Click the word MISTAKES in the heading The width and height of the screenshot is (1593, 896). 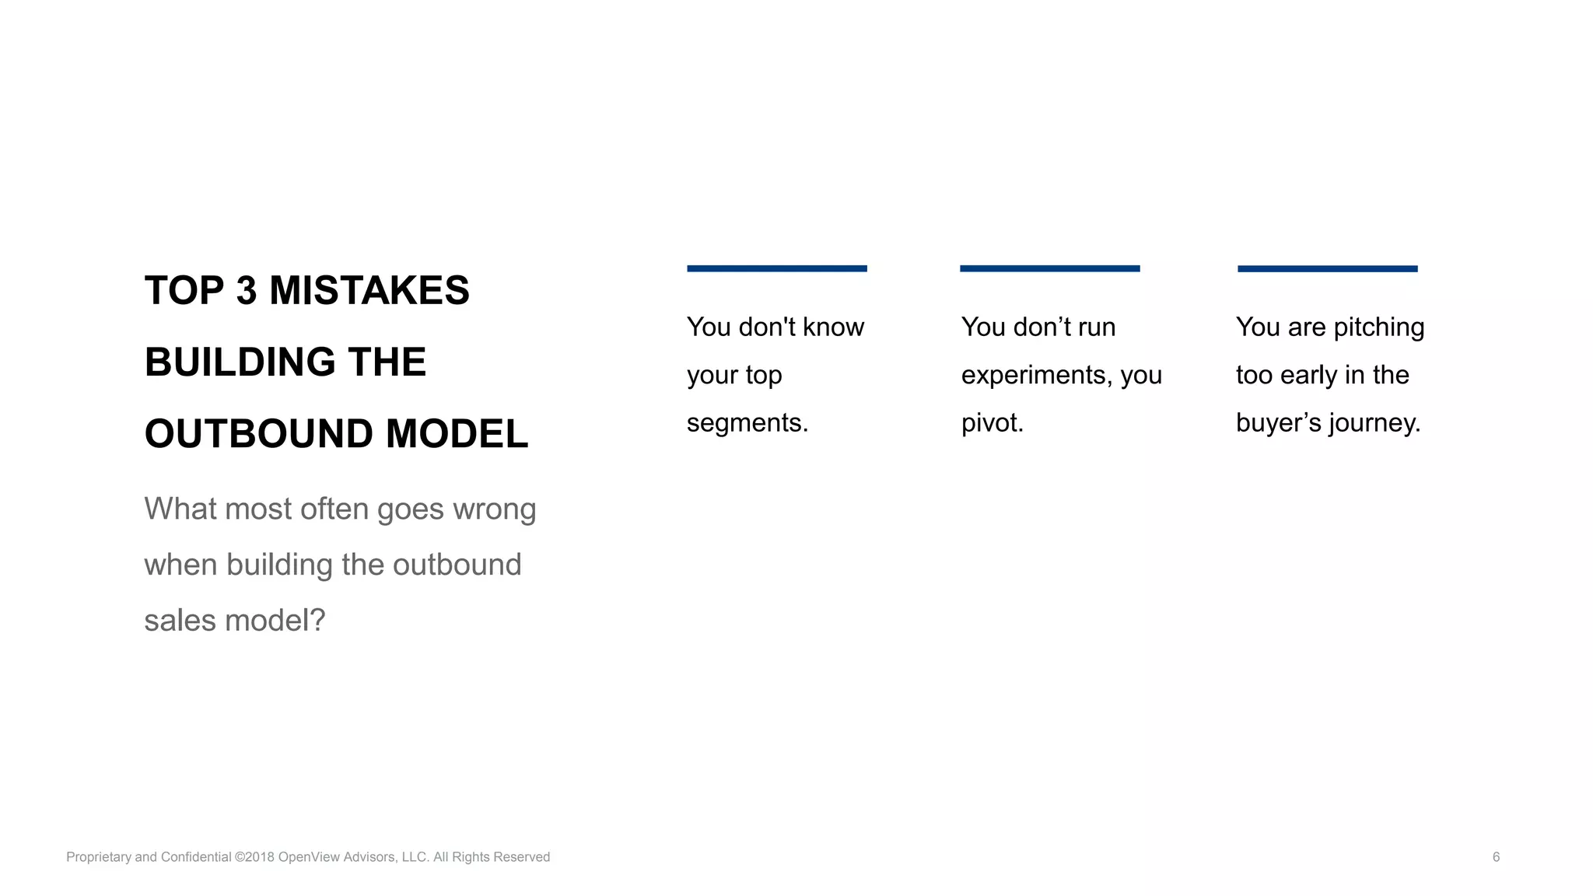(x=369, y=291)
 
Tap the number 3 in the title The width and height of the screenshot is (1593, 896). (x=246, y=291)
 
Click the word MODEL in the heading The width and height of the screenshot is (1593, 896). (x=457, y=434)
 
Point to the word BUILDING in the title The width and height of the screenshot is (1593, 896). (x=240, y=362)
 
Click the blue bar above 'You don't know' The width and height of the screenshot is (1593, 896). (x=776, y=268)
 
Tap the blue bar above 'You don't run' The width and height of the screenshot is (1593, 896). (x=1049, y=268)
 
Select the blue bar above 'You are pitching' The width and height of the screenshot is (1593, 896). (x=1327, y=268)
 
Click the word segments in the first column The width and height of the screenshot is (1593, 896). (x=747, y=423)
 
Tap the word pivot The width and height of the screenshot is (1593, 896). (x=992, y=423)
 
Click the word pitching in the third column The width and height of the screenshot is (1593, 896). (x=1378, y=327)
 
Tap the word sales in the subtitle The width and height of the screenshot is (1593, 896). (x=180, y=621)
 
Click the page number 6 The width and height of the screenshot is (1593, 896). (x=1496, y=857)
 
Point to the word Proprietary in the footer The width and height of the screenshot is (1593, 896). (x=99, y=857)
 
